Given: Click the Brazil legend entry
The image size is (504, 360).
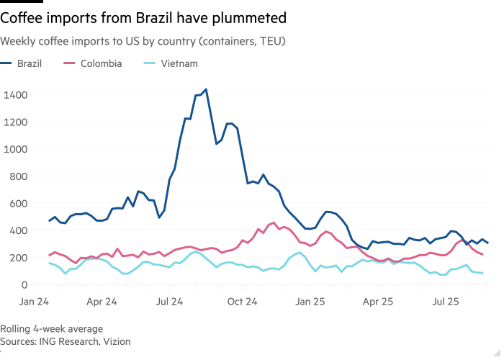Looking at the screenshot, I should pos(27,63).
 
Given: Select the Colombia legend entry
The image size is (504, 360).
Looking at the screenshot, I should pos(101,63).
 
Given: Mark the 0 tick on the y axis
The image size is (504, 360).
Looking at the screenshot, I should pos(24,285).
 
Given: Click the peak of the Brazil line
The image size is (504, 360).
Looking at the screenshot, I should pos(206,90).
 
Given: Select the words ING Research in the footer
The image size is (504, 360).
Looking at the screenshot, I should pos(68,342).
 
